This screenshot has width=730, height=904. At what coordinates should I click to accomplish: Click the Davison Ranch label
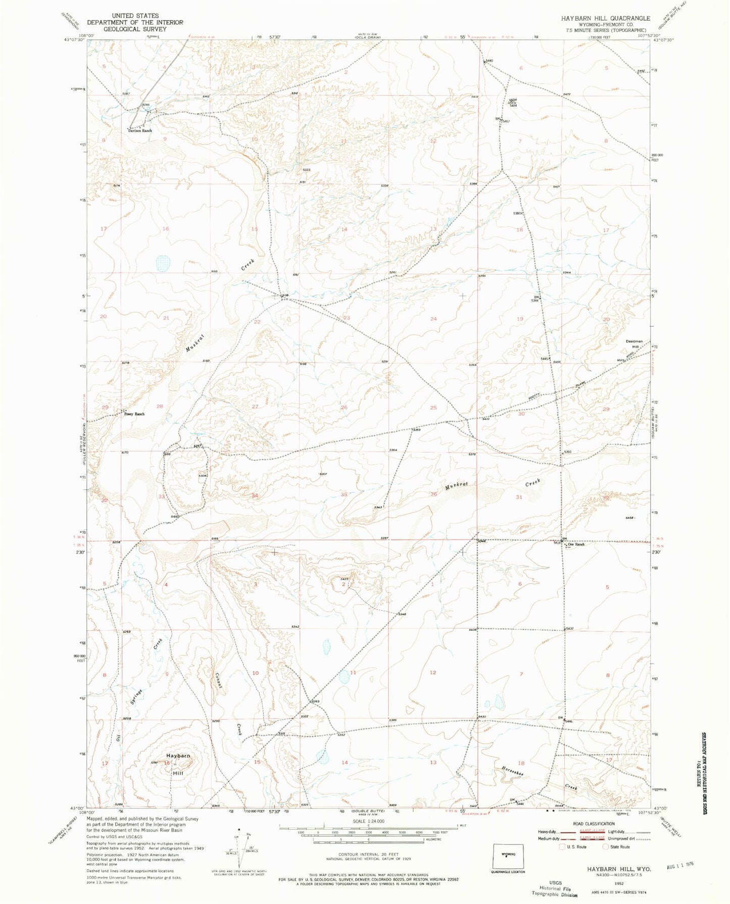pos(139,131)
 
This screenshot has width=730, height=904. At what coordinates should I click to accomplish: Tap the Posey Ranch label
pos(134,414)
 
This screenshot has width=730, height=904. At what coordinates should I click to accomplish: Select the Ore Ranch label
pos(576,544)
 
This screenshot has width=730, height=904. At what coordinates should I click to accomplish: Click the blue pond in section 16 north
pos(163,263)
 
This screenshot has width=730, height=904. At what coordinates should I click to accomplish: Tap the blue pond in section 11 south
pos(345,677)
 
